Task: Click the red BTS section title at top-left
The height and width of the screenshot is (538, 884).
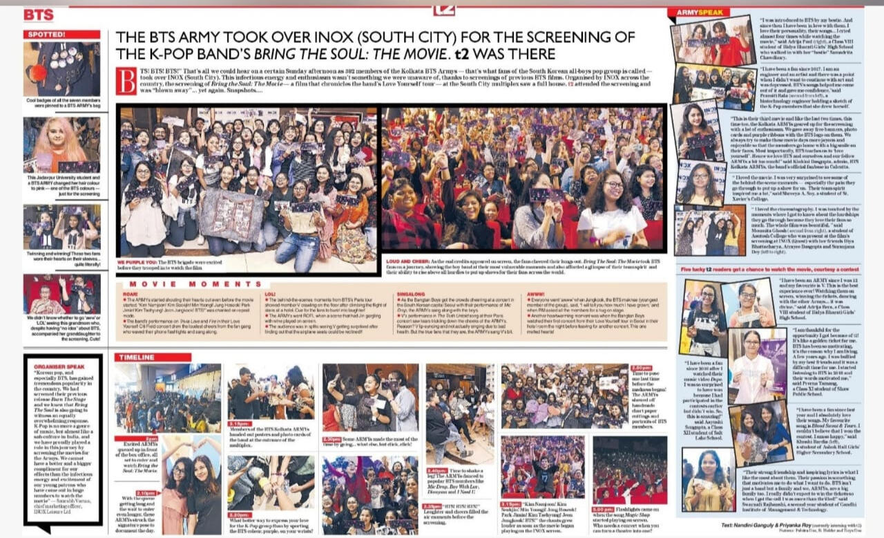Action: point(39,15)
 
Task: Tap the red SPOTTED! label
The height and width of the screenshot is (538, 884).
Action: point(45,34)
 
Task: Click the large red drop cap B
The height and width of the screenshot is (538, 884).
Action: point(126,81)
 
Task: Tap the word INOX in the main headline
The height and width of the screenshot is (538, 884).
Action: point(311,37)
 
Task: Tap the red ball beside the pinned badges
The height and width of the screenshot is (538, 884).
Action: point(35,73)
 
